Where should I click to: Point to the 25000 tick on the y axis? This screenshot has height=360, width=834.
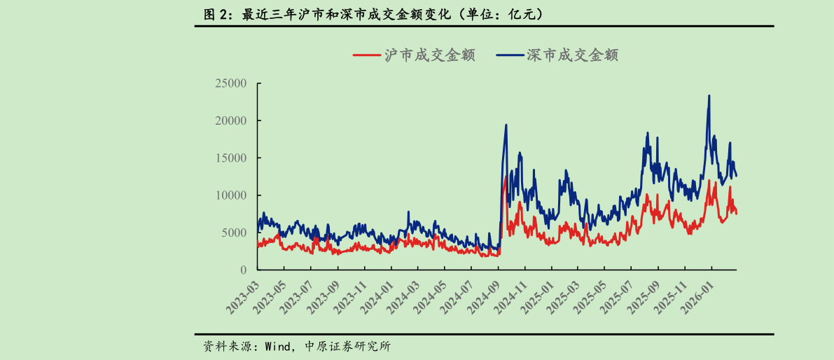231,83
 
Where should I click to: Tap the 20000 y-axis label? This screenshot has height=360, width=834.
231,120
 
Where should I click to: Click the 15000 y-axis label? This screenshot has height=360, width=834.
231,158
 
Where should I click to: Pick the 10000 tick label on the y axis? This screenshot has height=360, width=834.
231,195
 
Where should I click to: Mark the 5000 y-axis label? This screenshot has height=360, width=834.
234,233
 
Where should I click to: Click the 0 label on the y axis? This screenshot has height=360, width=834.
244,270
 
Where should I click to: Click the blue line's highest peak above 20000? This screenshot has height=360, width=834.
709,96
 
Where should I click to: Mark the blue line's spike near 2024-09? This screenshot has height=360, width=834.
506,125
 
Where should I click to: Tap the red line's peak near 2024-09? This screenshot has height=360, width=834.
506,176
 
